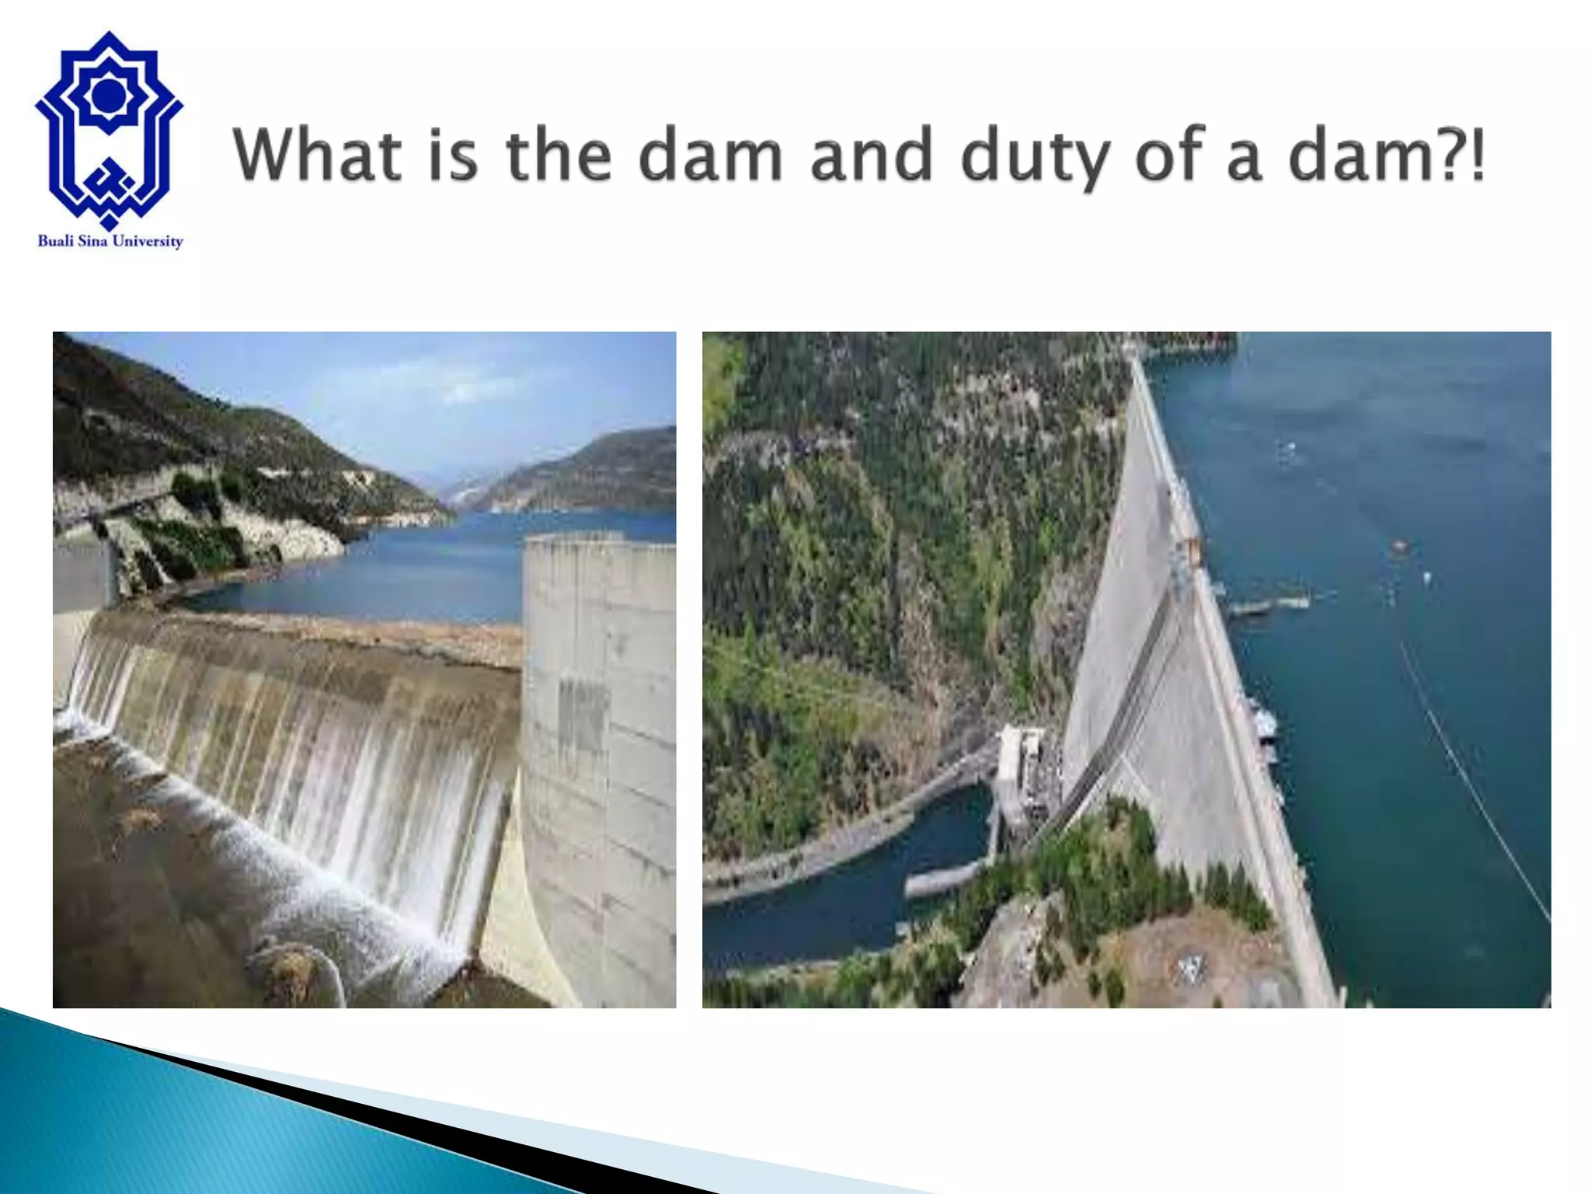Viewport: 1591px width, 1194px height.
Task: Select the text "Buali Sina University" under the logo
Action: pyautogui.click(x=110, y=242)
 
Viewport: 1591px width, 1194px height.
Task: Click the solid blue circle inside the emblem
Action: pyautogui.click(x=108, y=95)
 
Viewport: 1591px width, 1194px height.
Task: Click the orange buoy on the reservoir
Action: pyautogui.click(x=1399, y=546)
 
